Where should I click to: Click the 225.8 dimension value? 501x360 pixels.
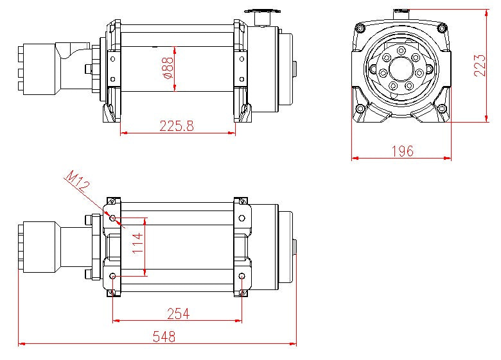(x=177, y=126)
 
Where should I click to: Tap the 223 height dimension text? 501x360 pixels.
(x=480, y=65)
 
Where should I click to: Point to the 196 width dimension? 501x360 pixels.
(x=401, y=151)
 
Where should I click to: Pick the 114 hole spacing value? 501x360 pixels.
(x=137, y=243)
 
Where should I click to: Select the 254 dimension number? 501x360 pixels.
(x=177, y=313)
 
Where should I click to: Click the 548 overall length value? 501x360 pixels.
(x=163, y=337)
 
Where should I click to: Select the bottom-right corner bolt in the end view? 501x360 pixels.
(x=441, y=108)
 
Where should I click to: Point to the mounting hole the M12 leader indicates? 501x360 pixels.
(x=114, y=218)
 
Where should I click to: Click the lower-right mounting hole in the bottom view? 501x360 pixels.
(x=242, y=277)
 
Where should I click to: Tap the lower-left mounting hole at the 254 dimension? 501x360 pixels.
(x=114, y=277)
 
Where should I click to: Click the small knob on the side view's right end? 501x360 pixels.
(x=295, y=69)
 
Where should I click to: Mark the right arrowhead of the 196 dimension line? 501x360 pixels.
(x=449, y=158)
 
